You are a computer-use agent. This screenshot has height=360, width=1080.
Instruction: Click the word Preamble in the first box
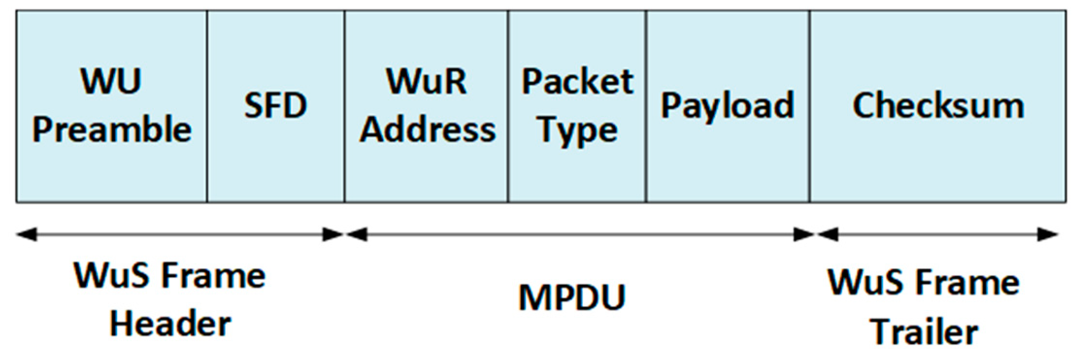[112, 130]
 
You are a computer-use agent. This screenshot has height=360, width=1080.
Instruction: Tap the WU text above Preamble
[111, 81]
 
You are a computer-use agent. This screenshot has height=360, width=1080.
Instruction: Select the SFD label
[275, 105]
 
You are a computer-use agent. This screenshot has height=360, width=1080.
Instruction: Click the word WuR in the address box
[426, 81]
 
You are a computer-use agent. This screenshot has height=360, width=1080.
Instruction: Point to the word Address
[427, 130]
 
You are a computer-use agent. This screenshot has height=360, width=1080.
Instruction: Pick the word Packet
[577, 81]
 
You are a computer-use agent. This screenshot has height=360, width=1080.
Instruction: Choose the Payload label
[727, 105]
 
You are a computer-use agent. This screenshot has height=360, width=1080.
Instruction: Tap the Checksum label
[938, 105]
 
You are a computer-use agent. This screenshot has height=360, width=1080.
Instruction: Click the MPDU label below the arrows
[572, 297]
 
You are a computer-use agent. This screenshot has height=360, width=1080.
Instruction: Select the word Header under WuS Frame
[170, 324]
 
